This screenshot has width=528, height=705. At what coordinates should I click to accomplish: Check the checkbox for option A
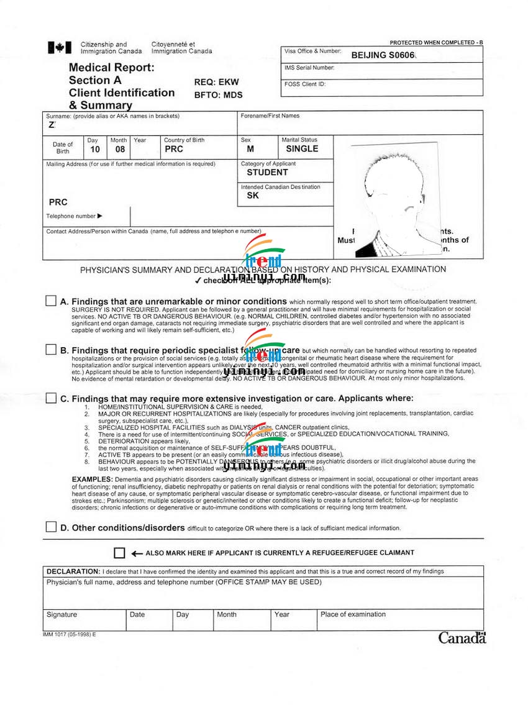click(x=51, y=301)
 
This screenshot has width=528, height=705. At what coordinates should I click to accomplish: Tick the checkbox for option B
click(x=51, y=350)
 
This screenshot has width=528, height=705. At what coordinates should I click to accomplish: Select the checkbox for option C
click(x=51, y=398)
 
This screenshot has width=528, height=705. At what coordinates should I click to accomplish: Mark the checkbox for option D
click(x=51, y=527)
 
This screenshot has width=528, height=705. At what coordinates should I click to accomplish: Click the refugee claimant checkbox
click(x=119, y=553)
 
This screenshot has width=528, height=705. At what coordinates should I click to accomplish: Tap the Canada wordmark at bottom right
click(x=462, y=638)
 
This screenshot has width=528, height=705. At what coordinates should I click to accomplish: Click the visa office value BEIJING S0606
click(x=382, y=55)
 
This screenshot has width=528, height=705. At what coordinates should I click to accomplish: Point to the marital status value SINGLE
click(x=302, y=149)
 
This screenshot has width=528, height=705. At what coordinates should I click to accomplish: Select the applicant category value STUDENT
click(x=267, y=172)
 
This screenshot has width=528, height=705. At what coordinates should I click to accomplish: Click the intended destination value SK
click(x=252, y=196)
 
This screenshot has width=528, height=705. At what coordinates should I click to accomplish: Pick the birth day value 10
click(x=94, y=149)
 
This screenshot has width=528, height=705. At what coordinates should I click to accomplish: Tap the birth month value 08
click(x=119, y=149)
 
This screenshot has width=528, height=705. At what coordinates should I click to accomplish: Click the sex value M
click(x=250, y=149)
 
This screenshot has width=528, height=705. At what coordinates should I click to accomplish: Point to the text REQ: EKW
click(x=216, y=82)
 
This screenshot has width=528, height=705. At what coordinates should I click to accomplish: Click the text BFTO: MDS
click(x=218, y=95)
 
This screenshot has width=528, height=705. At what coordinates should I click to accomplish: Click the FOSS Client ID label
click(x=304, y=84)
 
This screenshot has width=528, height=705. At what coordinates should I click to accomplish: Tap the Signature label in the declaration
click(x=61, y=614)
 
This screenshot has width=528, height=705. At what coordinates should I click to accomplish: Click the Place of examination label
click(x=353, y=614)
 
